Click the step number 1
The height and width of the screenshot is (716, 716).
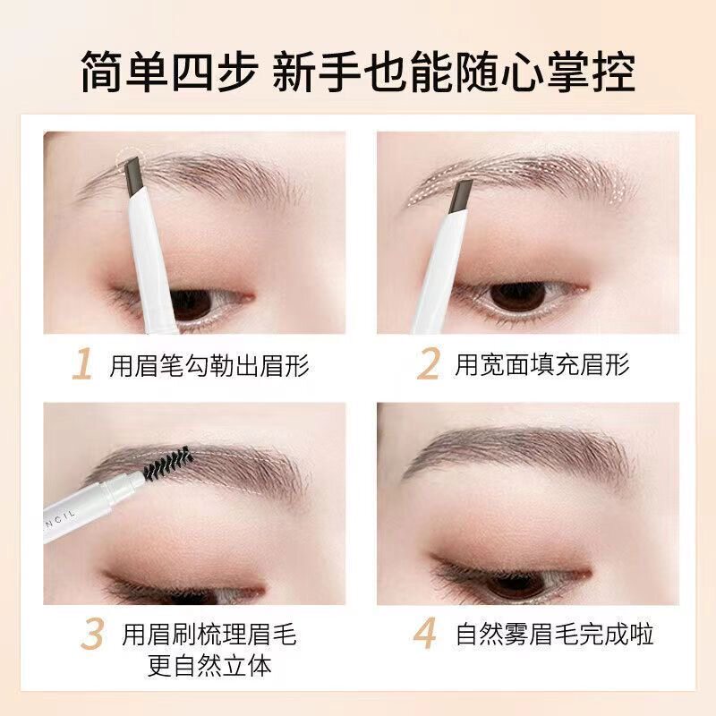(x=82, y=364)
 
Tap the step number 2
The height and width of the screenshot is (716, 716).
(x=428, y=364)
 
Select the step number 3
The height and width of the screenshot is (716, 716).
(x=92, y=634)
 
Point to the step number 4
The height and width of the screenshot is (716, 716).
(x=424, y=634)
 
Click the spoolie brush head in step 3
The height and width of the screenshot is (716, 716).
(x=167, y=463)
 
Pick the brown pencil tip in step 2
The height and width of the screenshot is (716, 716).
(x=462, y=196)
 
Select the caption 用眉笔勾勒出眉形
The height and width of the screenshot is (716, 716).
(x=209, y=365)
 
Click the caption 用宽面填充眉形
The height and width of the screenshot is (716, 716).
(x=542, y=364)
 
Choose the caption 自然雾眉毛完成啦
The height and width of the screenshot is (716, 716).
(x=554, y=635)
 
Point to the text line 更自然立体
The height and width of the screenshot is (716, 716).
(x=209, y=665)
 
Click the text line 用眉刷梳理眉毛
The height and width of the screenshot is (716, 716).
(x=209, y=635)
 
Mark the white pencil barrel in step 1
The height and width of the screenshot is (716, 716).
(x=153, y=262)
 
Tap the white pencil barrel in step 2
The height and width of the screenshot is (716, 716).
(x=436, y=272)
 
